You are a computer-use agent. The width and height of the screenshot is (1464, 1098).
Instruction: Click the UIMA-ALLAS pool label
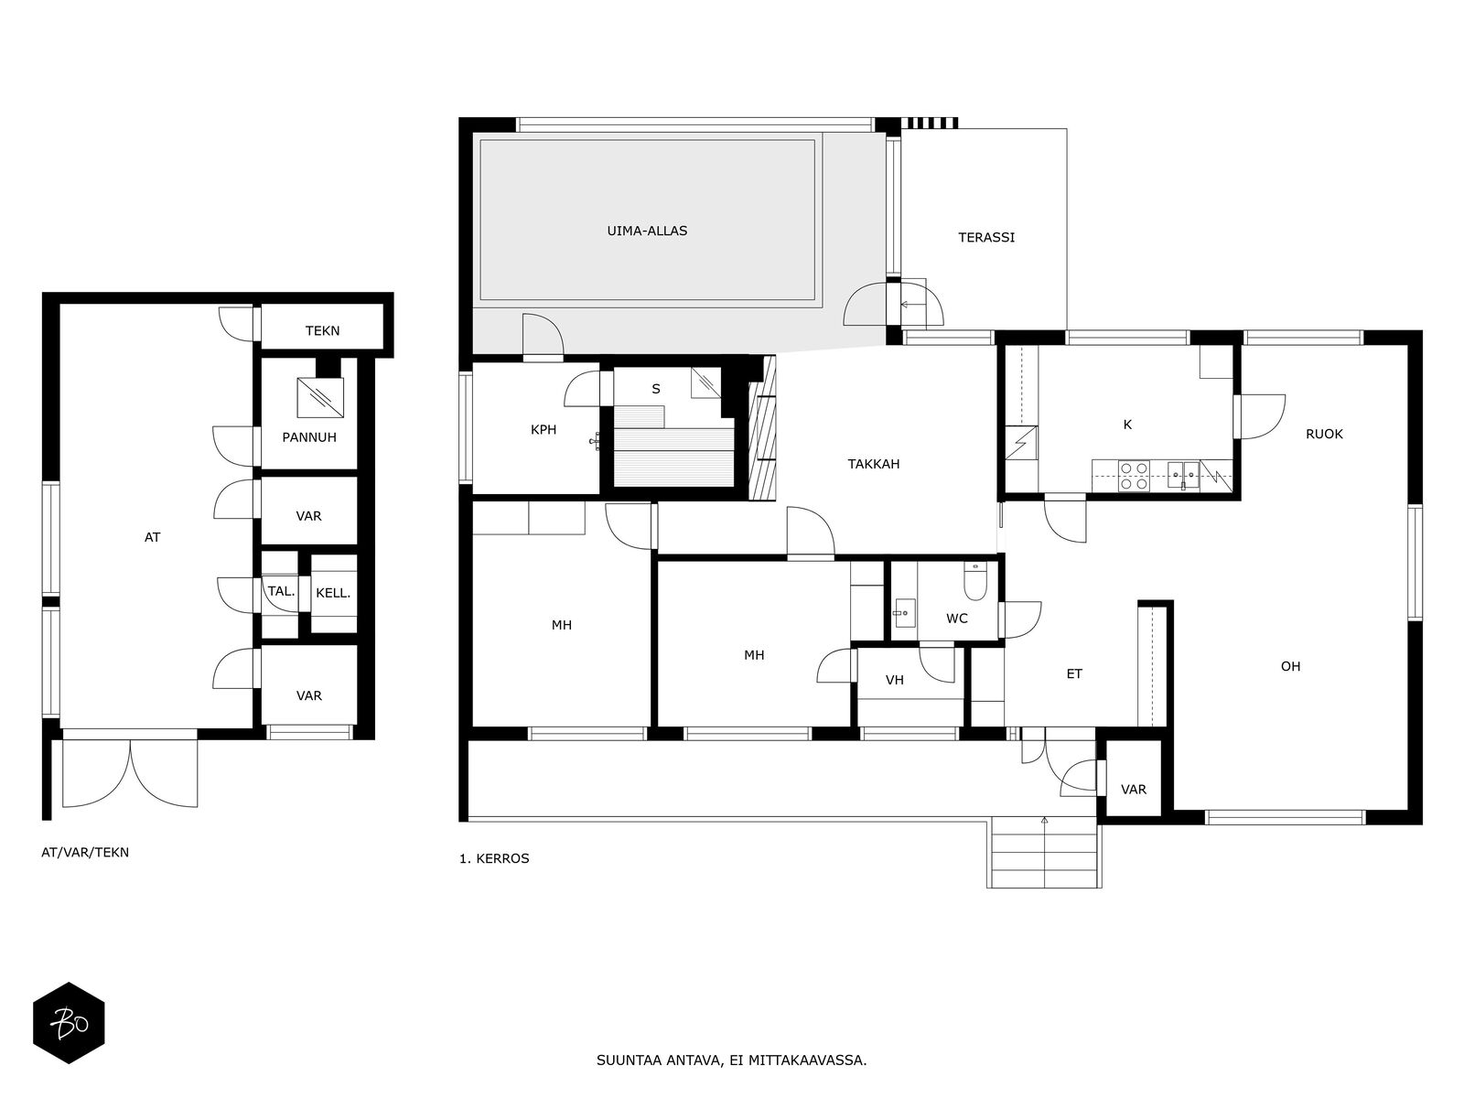pyautogui.click(x=646, y=231)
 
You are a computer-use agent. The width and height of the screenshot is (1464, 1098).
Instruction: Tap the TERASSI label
pyautogui.click(x=985, y=237)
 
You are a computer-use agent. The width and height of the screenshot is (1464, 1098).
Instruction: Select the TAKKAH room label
pyautogui.click(x=873, y=464)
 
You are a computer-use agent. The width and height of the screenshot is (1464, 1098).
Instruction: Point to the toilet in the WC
pyautogui.click(x=975, y=581)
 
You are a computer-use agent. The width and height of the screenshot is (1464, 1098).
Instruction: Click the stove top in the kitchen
pyautogui.click(x=1133, y=476)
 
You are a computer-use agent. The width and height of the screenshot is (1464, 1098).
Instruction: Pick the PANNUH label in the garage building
pyautogui.click(x=308, y=437)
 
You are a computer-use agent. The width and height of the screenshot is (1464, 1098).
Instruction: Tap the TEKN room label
pyautogui.click(x=322, y=330)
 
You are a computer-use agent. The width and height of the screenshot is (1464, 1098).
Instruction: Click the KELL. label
pyautogui.click(x=333, y=593)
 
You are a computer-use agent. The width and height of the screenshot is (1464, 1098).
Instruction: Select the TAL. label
pyautogui.click(x=281, y=591)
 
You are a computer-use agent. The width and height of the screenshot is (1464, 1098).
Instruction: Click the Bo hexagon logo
pyautogui.click(x=69, y=1022)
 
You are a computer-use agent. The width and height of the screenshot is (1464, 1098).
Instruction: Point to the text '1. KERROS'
pyautogui.click(x=493, y=858)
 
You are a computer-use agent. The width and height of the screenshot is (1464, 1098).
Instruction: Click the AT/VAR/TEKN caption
pyautogui.click(x=85, y=852)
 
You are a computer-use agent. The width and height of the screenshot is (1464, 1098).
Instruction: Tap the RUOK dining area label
pyautogui.click(x=1324, y=434)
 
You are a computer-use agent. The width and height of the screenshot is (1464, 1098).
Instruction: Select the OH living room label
pyautogui.click(x=1290, y=666)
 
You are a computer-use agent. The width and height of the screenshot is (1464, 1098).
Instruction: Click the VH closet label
pyautogui.click(x=894, y=680)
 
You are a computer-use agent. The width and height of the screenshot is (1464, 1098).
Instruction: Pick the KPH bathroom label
pyautogui.click(x=543, y=430)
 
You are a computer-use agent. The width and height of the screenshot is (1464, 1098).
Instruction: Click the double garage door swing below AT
pyautogui.click(x=130, y=773)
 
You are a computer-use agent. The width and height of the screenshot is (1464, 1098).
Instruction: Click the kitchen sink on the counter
pyautogui.click(x=1183, y=476)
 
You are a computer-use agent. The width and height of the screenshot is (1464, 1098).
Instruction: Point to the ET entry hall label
pyautogui.click(x=1074, y=674)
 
